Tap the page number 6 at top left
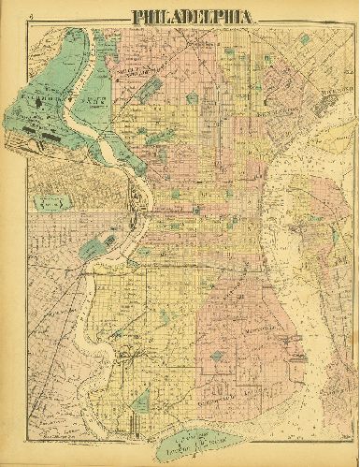(31, 14)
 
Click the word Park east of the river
(93, 96)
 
